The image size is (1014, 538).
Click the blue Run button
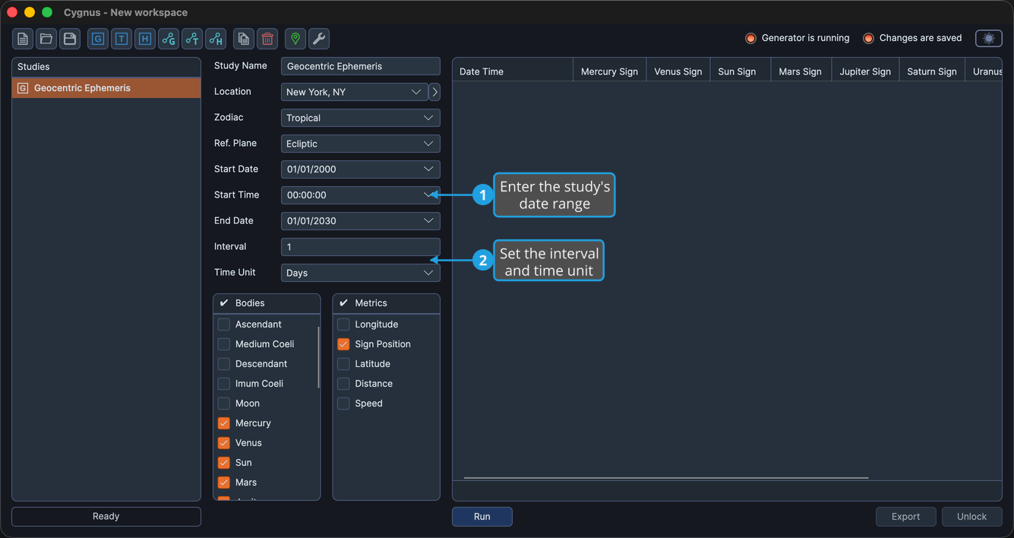pos(482,516)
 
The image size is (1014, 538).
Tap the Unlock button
pos(971,516)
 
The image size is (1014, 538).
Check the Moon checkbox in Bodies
pos(223,403)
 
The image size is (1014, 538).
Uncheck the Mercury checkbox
pos(223,423)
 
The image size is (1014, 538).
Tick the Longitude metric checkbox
pos(343,324)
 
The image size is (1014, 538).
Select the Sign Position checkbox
pos(343,344)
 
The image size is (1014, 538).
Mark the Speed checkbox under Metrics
pos(343,403)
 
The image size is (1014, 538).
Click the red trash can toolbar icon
pos(267,39)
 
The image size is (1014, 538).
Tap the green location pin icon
pos(295,39)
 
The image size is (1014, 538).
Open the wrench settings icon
pos(319,39)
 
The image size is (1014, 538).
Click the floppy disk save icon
pos(70,39)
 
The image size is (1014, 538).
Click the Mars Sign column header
pos(800,71)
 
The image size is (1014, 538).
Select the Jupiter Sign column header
pos(865,71)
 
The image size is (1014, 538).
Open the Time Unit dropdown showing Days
pos(360,273)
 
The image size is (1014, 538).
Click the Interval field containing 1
pos(360,247)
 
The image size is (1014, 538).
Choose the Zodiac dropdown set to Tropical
pos(360,118)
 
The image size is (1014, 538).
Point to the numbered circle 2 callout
pos(483,261)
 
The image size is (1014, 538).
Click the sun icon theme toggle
pos(989,38)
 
